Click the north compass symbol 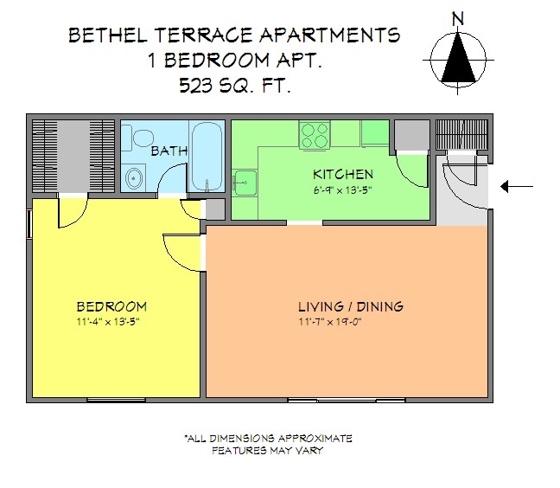coord(458,58)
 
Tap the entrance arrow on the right coord(519,186)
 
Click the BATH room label coord(169,151)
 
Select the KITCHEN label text coord(343,175)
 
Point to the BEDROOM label coord(111,306)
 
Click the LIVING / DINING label coord(351,306)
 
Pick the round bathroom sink coord(134,180)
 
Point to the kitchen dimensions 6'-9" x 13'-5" coord(343,190)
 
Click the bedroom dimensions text coord(108,322)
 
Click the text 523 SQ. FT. coord(233,85)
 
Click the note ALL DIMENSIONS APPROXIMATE coord(268,438)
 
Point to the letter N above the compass coord(458,18)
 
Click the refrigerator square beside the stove coord(375,132)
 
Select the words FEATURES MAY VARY coord(268,451)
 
